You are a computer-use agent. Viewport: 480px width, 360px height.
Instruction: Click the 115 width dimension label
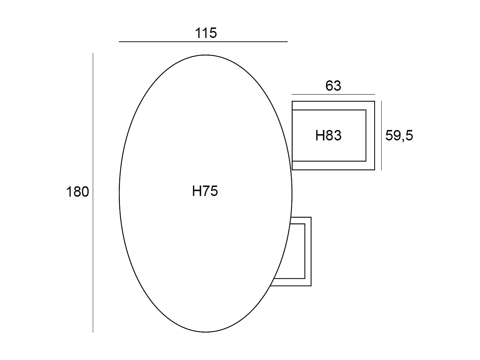205,33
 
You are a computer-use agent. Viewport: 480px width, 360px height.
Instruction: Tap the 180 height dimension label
78,192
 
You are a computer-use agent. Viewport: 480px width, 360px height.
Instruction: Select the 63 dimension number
333,86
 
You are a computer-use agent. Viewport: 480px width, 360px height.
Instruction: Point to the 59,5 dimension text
399,135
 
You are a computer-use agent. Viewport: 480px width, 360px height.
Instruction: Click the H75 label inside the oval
205,191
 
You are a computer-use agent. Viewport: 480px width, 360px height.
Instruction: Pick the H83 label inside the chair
328,135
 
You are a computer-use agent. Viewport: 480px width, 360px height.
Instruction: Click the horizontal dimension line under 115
203,42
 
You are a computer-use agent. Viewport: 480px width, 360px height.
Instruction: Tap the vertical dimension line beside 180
93,193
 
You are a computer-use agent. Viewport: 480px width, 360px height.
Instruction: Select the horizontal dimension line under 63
333,95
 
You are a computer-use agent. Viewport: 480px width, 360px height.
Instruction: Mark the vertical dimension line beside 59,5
382,135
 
